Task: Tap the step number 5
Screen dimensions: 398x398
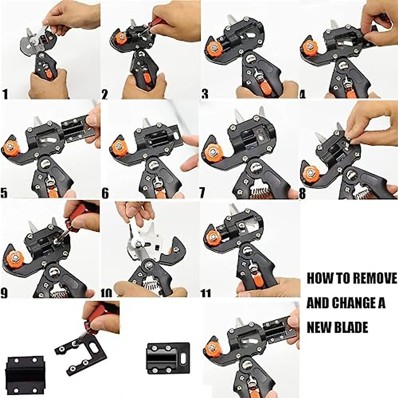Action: tap(5, 193)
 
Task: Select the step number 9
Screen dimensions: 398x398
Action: tap(5, 293)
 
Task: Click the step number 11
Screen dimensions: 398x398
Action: tap(206, 293)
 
